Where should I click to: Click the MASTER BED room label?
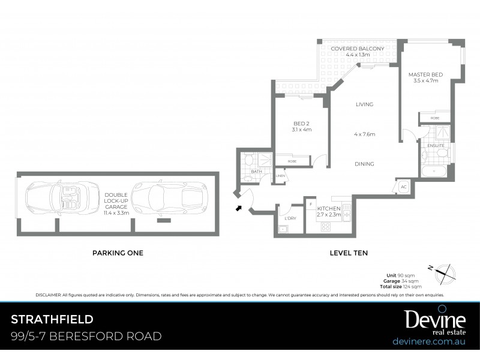425,74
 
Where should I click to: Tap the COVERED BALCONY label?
357,48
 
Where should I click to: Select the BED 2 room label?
302,123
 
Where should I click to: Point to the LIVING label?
364,104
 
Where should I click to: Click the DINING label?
364,164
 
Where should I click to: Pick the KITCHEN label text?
329,209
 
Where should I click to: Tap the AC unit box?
403,187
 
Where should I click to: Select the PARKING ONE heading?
118,253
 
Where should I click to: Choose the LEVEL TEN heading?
349,253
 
